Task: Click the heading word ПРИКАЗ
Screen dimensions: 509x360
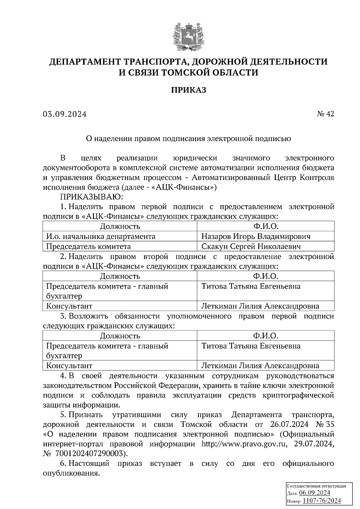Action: (189, 90)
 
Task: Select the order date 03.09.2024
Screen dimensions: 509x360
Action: (64, 114)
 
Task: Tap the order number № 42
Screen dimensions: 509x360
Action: (325, 114)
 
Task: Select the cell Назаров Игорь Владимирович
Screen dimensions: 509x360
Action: (256, 237)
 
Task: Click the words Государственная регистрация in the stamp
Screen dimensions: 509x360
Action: (316, 486)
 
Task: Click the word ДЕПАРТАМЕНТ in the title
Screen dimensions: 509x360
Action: (85, 62)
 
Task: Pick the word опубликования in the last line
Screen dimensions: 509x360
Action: (71, 473)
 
